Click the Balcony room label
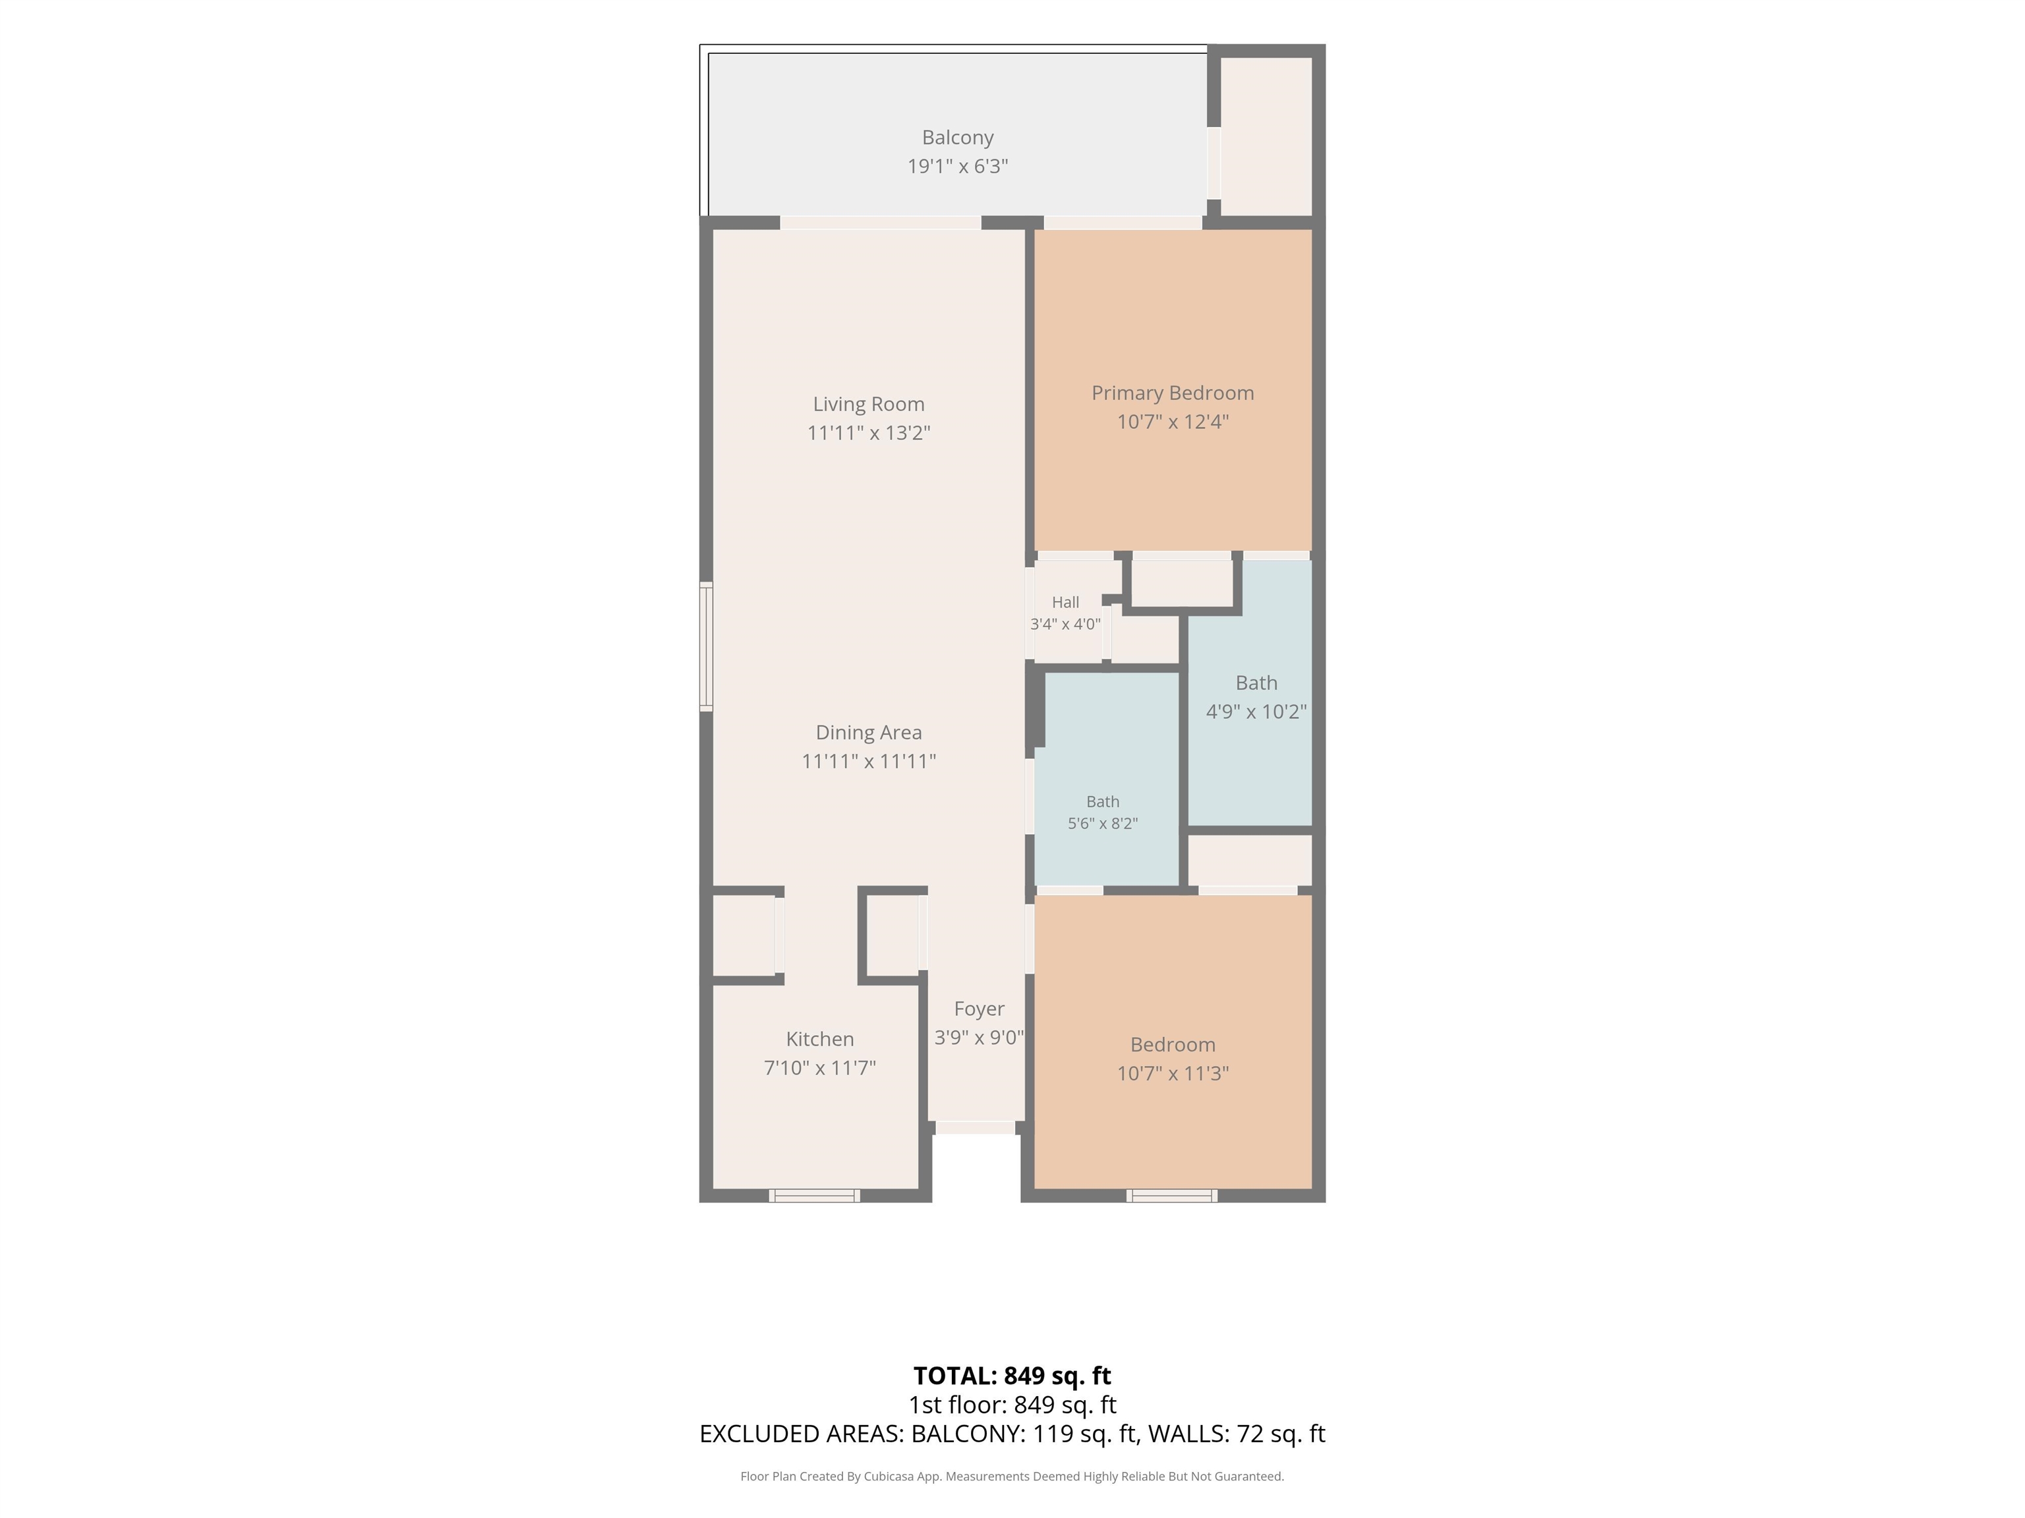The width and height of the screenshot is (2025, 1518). (x=958, y=137)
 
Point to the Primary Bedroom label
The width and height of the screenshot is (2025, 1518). (x=1173, y=393)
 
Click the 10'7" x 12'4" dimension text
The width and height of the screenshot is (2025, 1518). (x=1173, y=422)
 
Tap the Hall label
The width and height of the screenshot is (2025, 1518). (x=1066, y=602)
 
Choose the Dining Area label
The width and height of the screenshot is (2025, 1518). (x=869, y=733)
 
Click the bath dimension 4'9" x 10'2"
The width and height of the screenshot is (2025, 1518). (x=1256, y=712)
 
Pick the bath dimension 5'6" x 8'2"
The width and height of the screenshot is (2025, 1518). (x=1103, y=824)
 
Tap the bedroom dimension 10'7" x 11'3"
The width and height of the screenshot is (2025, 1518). (x=1173, y=1073)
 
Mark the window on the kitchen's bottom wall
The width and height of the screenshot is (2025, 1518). (x=815, y=1196)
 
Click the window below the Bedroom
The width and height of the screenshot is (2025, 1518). (x=1172, y=1196)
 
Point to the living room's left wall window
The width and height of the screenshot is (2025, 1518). (x=706, y=646)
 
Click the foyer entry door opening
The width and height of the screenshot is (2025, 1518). (x=976, y=1128)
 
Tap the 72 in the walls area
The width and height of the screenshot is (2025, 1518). (x=1250, y=1434)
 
